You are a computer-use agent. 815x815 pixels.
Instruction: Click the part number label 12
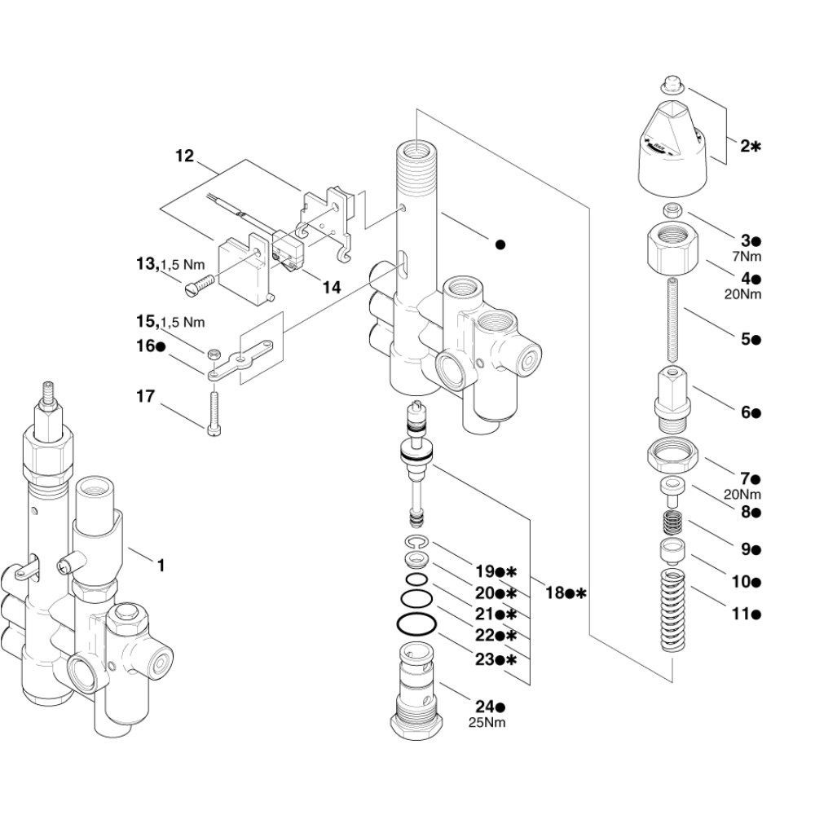(x=185, y=155)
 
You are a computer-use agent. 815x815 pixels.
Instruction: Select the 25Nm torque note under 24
(x=487, y=723)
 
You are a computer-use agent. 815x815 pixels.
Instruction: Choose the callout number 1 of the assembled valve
(x=161, y=564)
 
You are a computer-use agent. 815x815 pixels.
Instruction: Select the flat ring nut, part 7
(x=673, y=454)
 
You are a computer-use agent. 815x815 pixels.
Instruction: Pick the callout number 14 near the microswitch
(x=331, y=287)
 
